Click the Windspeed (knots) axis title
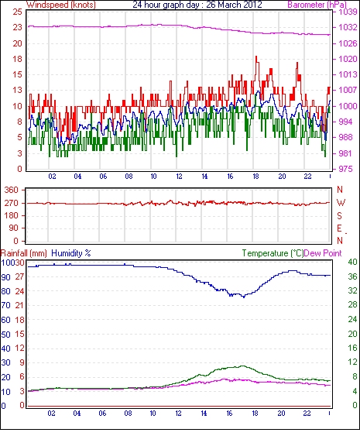pos(61,5)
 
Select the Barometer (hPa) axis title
pos(317,5)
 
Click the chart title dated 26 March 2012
pos(197,5)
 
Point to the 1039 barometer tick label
pos(348,12)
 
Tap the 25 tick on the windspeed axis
pos(17,12)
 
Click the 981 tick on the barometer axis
pos(345,153)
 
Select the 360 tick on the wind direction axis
pos(12,191)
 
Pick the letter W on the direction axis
pos(341,203)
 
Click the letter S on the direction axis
pos(339,215)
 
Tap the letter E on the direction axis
pos(339,228)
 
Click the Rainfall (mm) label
pos(23,253)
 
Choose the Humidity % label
pos(71,253)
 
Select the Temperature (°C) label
pos(273,253)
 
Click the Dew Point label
pos(323,253)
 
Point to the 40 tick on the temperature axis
pos(352,262)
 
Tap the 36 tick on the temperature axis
pos(352,276)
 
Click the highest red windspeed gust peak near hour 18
pos(256,57)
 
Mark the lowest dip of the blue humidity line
pos(244,297)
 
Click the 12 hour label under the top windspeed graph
pos(180,177)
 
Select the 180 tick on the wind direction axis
pos(12,215)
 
